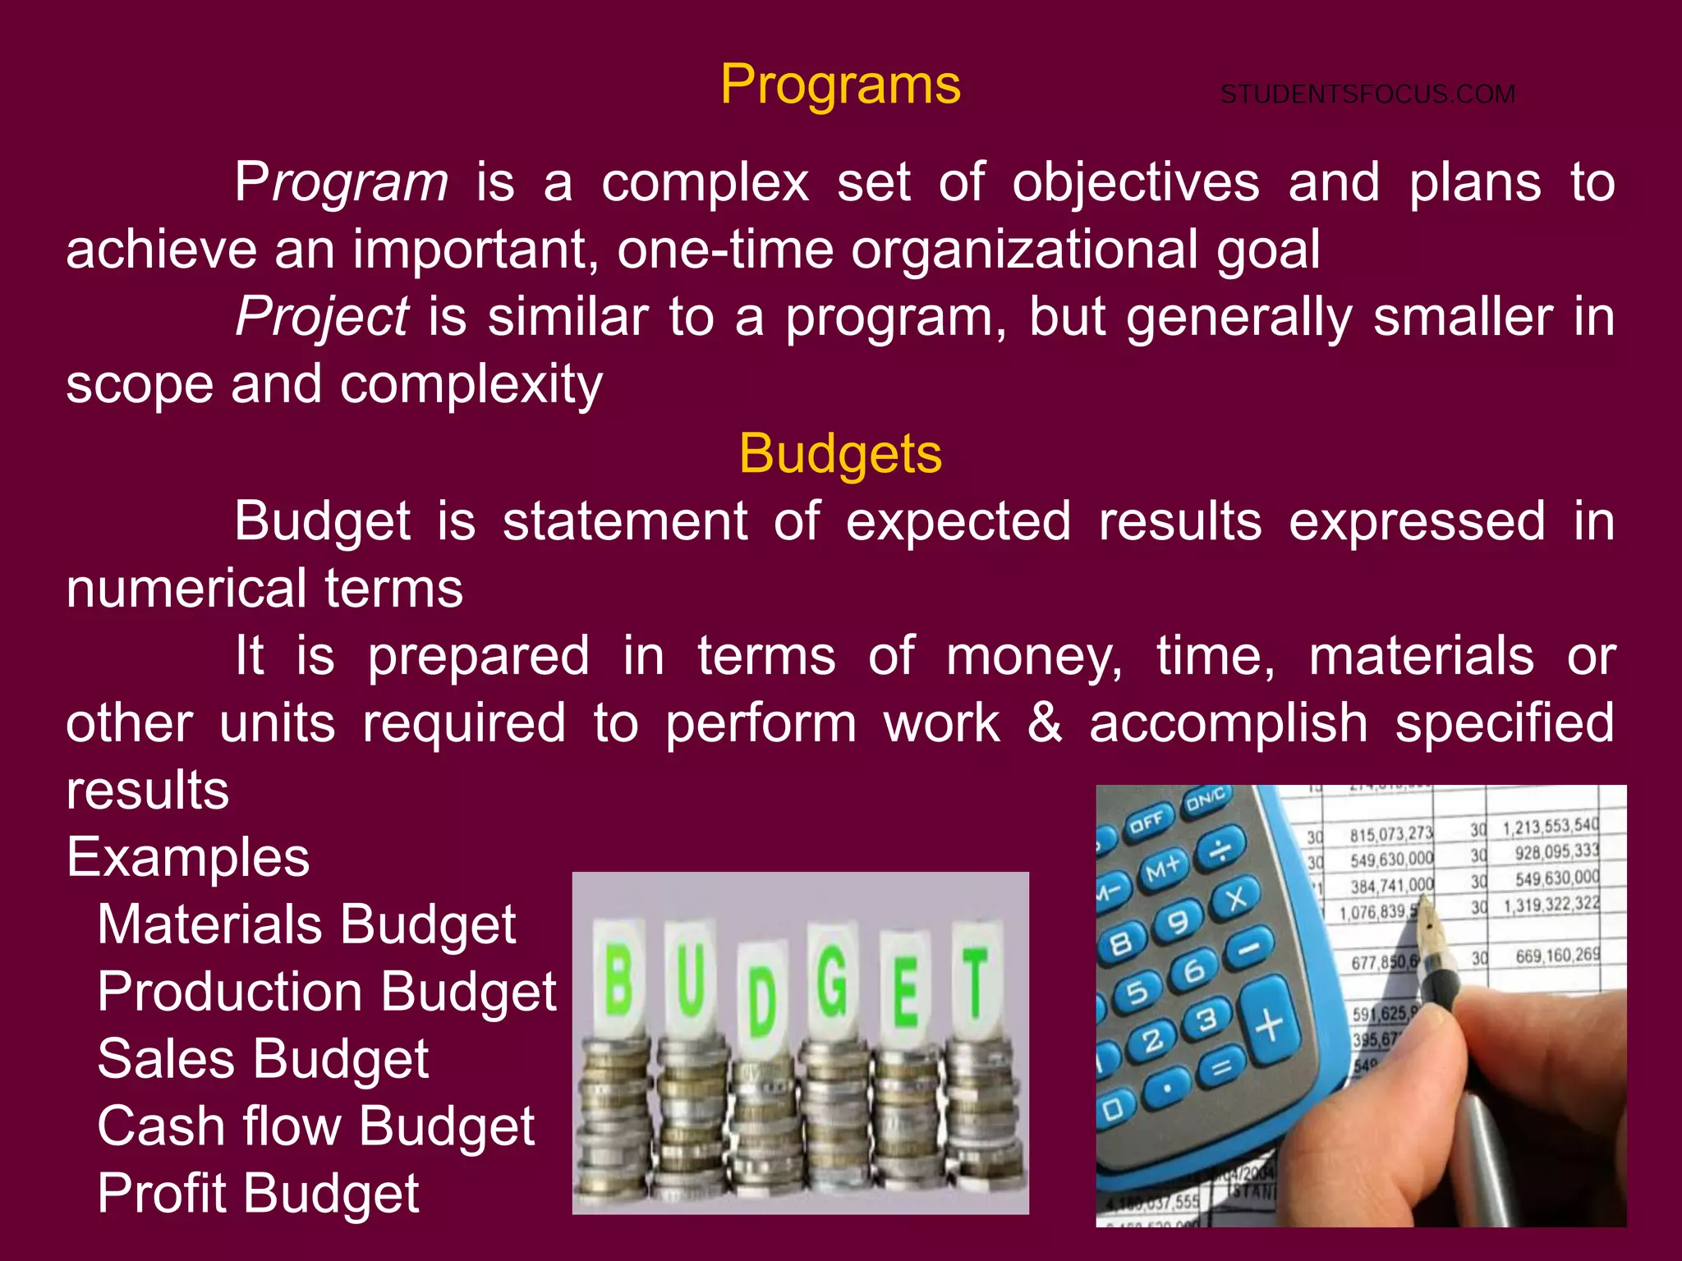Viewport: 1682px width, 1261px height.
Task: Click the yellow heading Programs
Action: (x=840, y=85)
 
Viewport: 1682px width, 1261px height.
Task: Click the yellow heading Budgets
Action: (x=840, y=453)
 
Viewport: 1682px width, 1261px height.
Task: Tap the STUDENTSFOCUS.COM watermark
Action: (x=1367, y=94)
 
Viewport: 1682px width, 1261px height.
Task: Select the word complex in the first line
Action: (x=705, y=182)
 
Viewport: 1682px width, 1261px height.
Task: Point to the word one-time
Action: (x=725, y=250)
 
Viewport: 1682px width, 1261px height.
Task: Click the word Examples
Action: (x=188, y=857)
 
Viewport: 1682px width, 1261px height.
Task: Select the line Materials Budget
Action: (x=306, y=924)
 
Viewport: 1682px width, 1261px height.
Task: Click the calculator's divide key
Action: (x=1220, y=850)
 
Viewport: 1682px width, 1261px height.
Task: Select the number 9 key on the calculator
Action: (x=1179, y=923)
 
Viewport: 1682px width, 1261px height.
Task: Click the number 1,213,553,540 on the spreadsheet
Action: (x=1551, y=826)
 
